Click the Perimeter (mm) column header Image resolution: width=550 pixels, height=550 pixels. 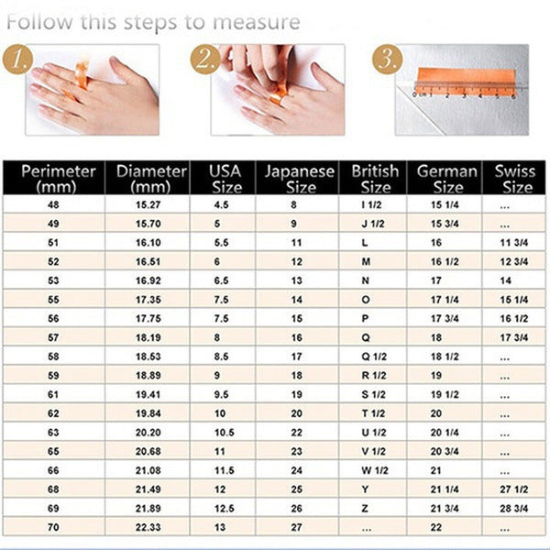(58, 178)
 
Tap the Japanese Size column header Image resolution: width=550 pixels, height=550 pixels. (296, 178)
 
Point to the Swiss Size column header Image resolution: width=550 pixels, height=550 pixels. (514, 178)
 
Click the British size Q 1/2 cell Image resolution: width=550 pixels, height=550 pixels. (372, 356)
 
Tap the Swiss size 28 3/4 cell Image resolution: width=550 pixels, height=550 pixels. (512, 507)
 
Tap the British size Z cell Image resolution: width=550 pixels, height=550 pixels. (366, 507)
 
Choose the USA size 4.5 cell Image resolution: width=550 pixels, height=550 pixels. (221, 206)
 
